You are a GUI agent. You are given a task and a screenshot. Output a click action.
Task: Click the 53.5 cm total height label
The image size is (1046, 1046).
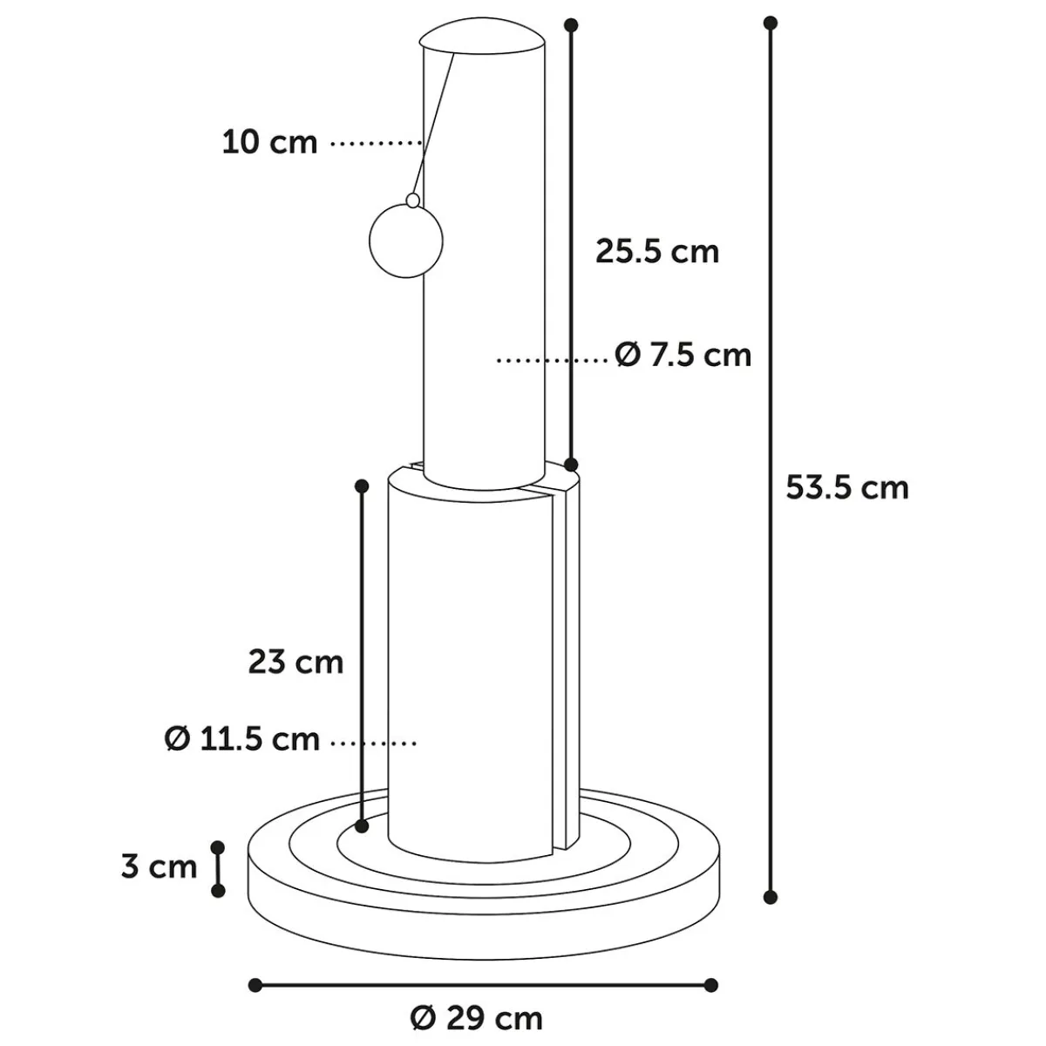(846, 487)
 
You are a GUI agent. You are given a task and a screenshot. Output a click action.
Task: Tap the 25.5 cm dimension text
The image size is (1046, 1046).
(657, 252)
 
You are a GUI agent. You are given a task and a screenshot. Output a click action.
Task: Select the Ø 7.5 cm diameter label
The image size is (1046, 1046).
(683, 356)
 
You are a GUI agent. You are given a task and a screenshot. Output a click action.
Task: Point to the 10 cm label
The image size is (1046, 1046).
(269, 143)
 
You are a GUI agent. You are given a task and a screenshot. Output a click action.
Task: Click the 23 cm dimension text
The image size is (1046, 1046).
(295, 662)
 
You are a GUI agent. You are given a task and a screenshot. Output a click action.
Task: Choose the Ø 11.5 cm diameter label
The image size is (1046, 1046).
(242, 739)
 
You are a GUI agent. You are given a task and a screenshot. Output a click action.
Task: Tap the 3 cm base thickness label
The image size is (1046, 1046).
(159, 866)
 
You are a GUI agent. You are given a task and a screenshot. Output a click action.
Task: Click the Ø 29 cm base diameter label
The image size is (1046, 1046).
(477, 1019)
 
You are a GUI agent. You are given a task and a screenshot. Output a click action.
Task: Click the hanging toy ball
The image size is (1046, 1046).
(406, 241)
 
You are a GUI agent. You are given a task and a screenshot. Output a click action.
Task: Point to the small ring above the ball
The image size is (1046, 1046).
(413, 200)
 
